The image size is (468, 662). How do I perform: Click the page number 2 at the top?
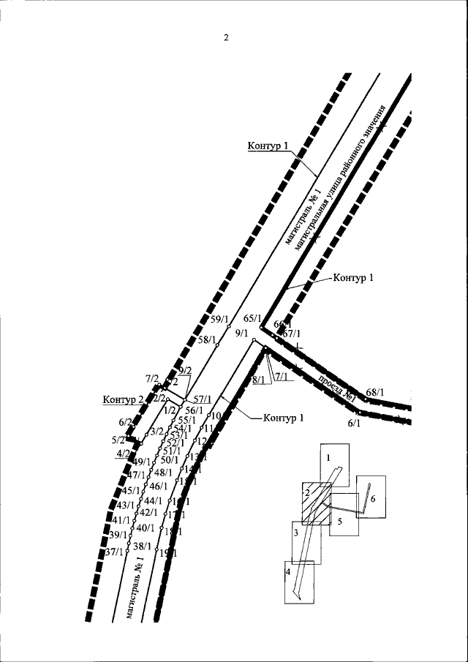226,39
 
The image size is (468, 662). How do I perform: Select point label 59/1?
219,318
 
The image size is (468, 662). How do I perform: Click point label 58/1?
208,339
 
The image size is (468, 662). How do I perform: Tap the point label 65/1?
252,318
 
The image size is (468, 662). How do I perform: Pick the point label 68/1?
375,393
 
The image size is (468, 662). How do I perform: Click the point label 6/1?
355,423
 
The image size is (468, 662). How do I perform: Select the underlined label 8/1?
258,380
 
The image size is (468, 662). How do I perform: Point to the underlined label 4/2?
123,454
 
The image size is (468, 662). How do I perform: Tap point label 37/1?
114,552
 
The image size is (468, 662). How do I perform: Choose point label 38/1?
142,546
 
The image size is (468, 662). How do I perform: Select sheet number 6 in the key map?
373,498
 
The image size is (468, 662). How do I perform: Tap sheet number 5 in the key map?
340,522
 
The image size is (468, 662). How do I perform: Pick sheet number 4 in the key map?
289,571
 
